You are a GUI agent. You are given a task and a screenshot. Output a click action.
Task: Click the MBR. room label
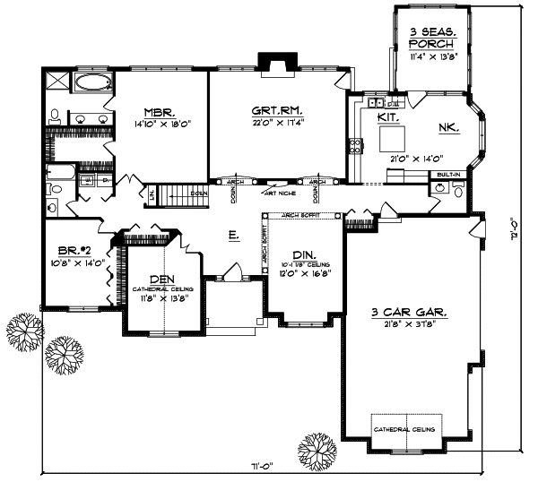click(163, 114)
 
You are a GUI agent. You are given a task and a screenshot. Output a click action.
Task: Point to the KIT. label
click(389, 117)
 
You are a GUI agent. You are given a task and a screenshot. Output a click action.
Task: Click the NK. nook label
click(449, 128)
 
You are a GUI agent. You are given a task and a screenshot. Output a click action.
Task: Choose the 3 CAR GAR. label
click(410, 313)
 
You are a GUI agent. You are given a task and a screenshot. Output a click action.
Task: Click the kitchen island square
click(390, 139)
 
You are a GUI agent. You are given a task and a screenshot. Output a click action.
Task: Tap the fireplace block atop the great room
click(271, 61)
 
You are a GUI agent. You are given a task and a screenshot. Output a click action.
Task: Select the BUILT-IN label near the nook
click(447, 175)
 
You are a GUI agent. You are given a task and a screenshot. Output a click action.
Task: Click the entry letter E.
click(232, 236)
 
